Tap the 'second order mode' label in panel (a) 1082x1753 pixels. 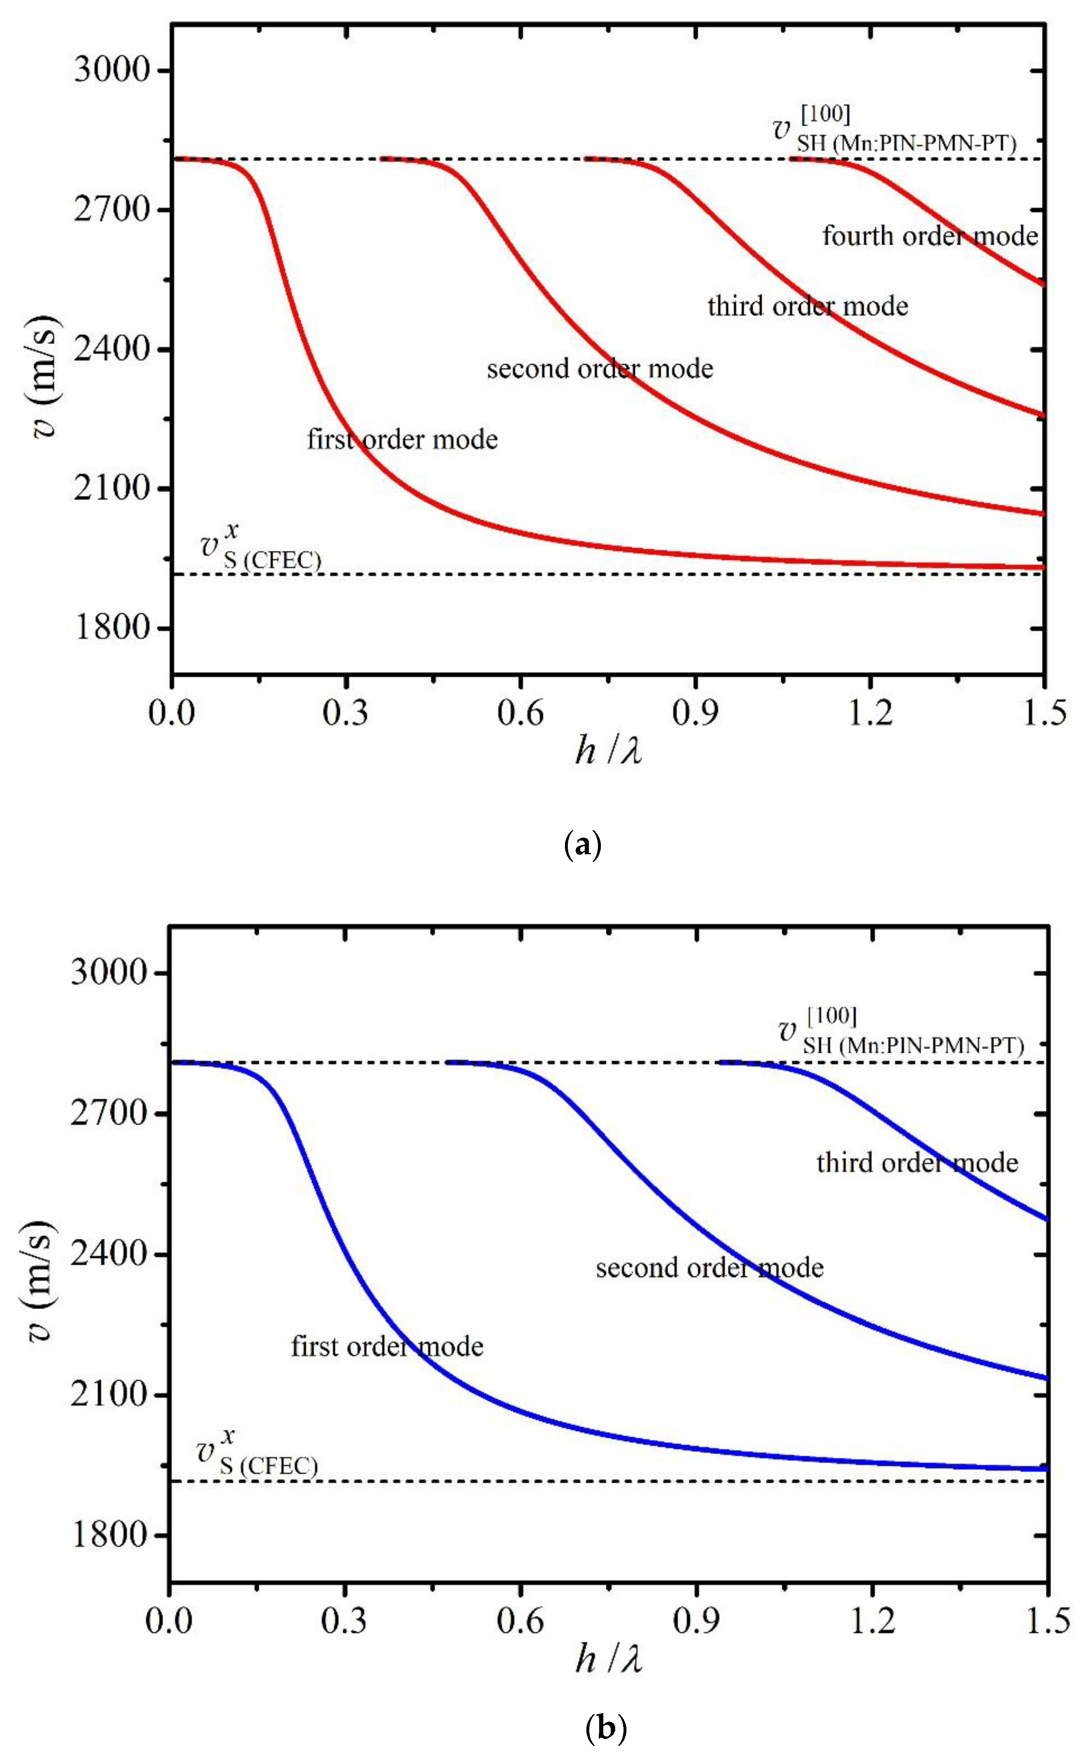click(600, 369)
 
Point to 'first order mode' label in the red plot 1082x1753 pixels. click(402, 439)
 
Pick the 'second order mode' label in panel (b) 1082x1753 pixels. click(709, 1268)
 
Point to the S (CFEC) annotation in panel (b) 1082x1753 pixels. click(268, 1466)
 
